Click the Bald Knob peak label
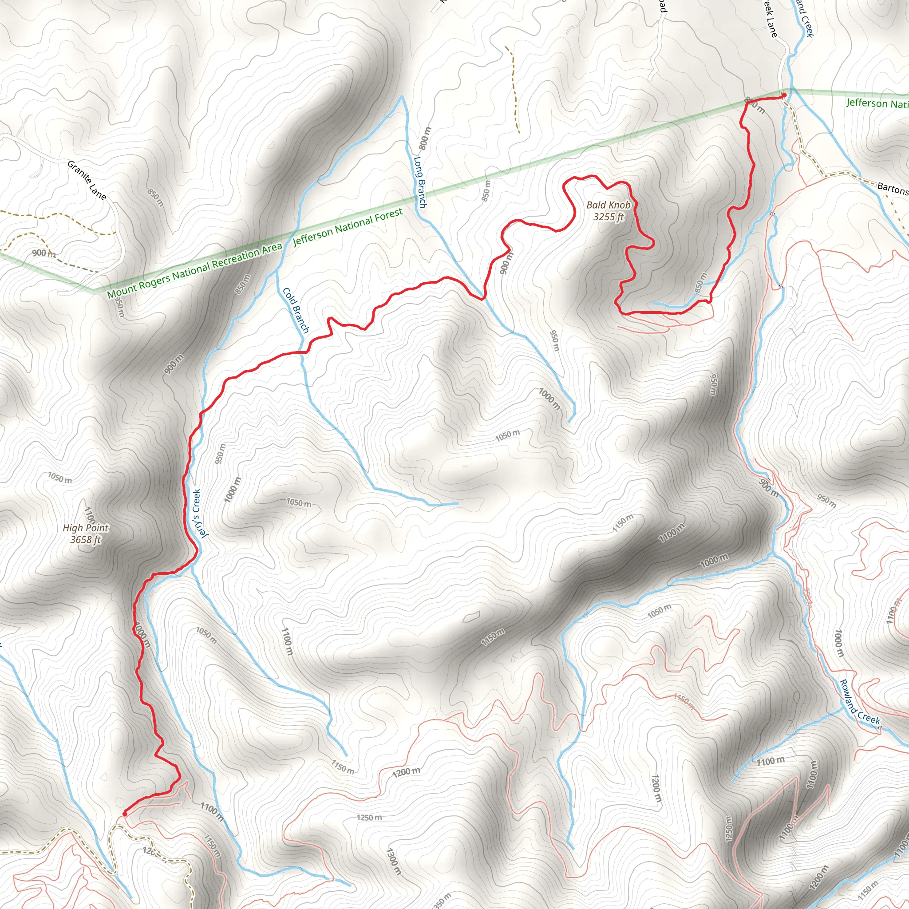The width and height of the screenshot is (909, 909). click(x=608, y=205)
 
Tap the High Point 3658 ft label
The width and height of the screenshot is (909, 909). click(x=86, y=534)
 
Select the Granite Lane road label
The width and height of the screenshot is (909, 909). click(x=87, y=180)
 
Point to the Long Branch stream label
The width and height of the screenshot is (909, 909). click(x=420, y=182)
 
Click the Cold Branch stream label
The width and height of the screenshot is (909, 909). click(x=296, y=311)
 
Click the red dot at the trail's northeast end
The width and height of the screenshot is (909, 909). click(x=784, y=95)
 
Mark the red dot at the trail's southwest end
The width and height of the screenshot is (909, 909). click(x=125, y=814)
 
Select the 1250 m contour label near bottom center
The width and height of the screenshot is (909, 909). click(x=369, y=817)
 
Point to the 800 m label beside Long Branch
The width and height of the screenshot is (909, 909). click(x=424, y=138)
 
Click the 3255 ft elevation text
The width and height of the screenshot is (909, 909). click(x=609, y=217)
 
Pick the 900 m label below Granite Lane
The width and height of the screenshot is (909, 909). click(x=44, y=253)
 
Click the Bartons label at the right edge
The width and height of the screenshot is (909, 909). click(x=893, y=189)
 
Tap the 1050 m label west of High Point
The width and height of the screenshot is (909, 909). click(x=60, y=478)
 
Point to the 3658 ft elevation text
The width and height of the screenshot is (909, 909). click(x=86, y=540)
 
